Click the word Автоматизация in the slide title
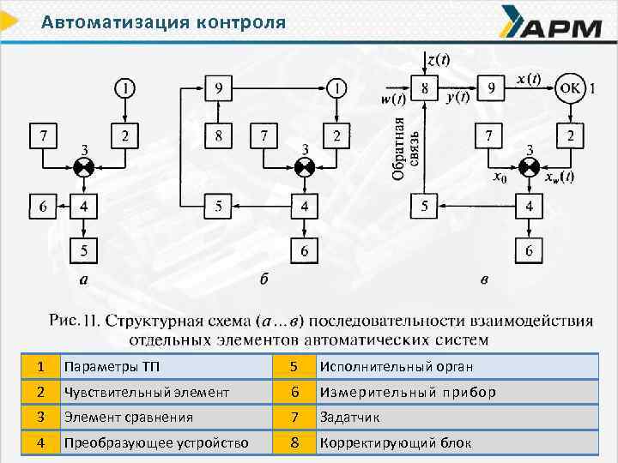(x=101, y=22)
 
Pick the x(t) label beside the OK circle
(x=529, y=79)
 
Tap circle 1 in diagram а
(x=125, y=87)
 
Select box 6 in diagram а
(x=43, y=207)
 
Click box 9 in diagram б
(x=219, y=87)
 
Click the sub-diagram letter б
(x=264, y=280)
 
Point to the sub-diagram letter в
(x=484, y=280)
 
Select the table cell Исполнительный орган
(x=396, y=367)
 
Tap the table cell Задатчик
(x=349, y=418)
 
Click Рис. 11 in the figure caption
(x=76, y=322)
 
